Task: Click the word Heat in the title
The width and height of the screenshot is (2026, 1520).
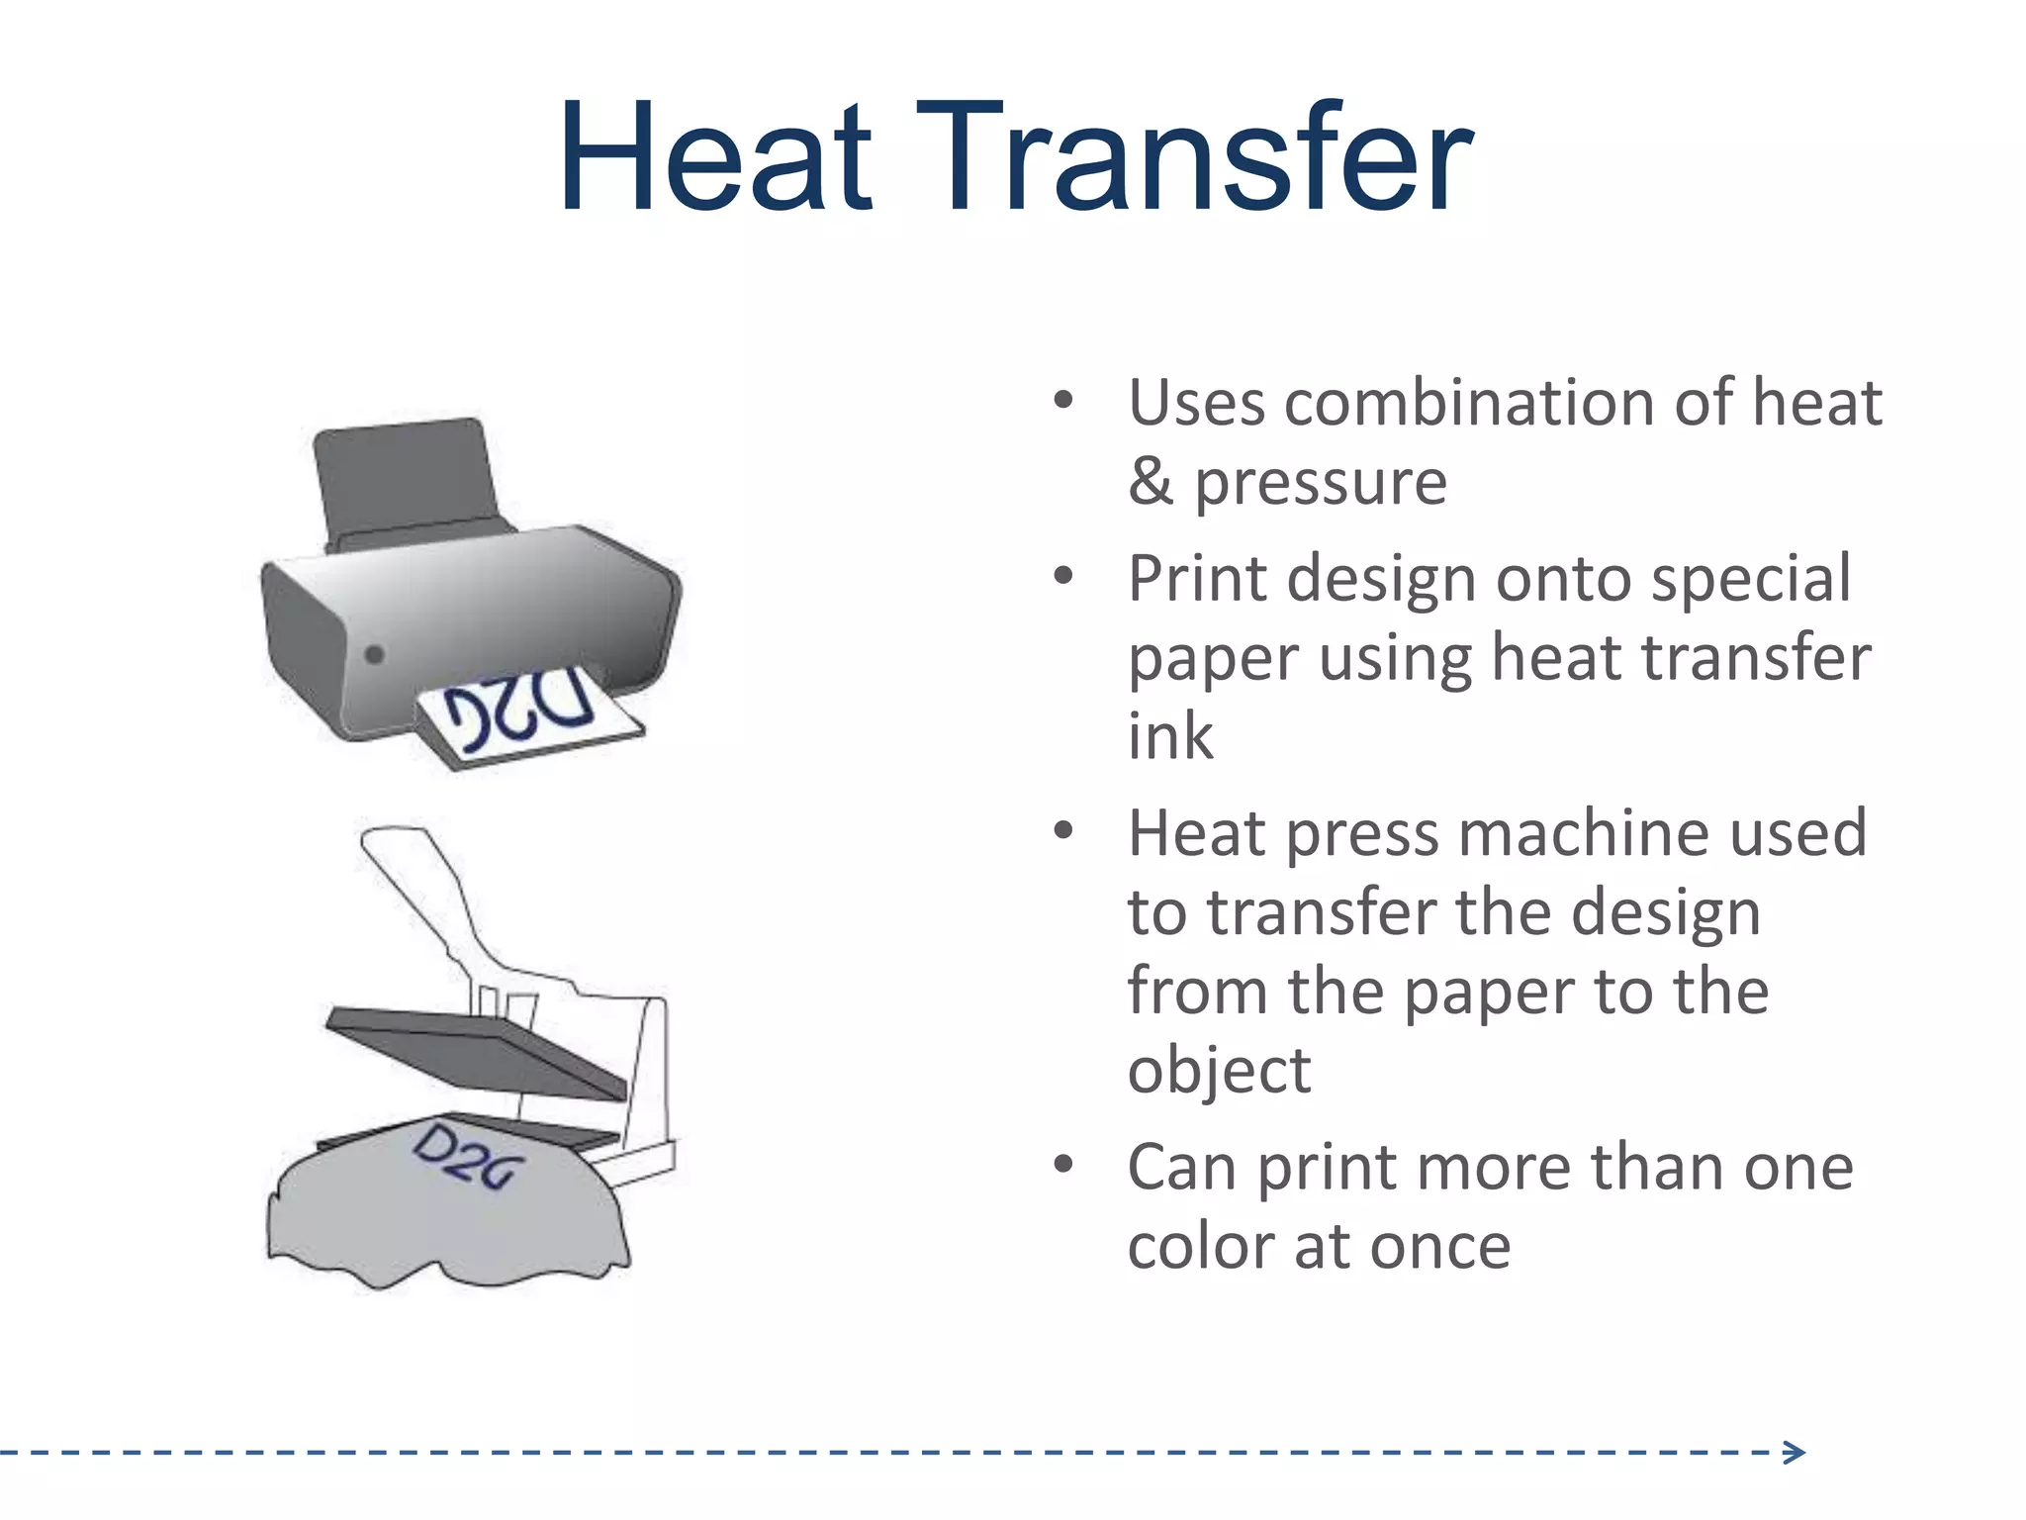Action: pos(714,158)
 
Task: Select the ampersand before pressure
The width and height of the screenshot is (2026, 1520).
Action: pos(1150,483)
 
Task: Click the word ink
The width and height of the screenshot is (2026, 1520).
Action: pos(1170,736)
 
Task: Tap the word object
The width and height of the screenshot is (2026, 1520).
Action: pos(1219,1071)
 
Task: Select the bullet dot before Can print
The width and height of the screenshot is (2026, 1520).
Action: pos(1063,1165)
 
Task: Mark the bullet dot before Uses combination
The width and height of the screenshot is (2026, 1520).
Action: pos(1063,401)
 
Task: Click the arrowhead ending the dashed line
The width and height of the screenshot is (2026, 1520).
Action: pos(1795,1453)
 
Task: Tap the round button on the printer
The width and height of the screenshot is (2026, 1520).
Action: pos(375,654)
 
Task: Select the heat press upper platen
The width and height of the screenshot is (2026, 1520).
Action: pos(475,1051)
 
